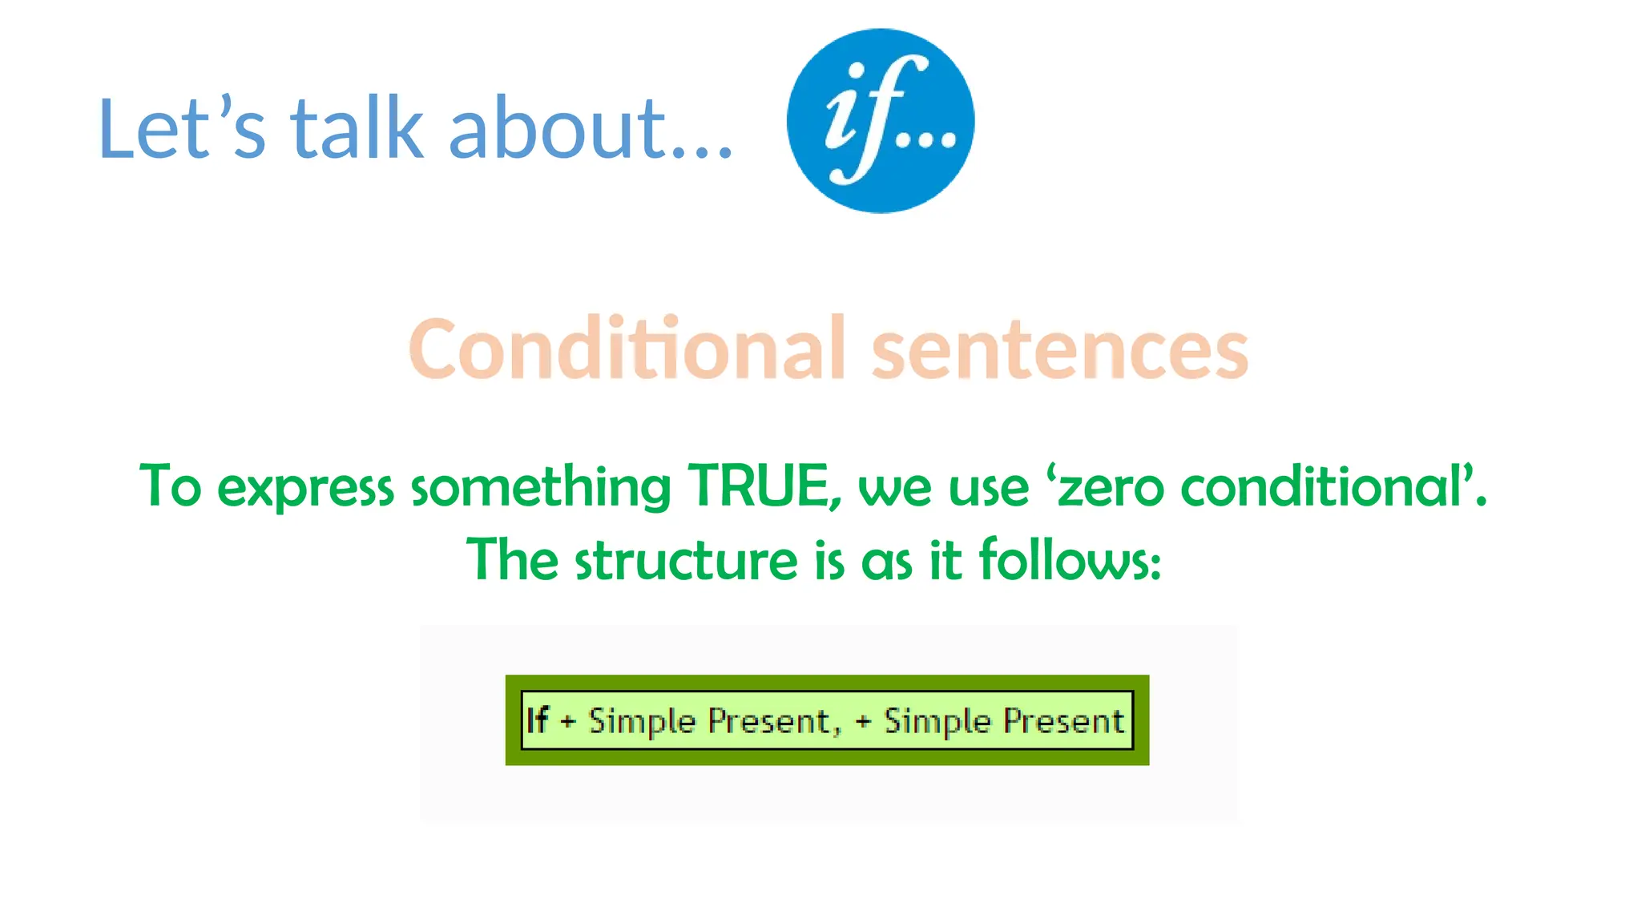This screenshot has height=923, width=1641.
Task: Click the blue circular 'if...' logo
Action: click(881, 121)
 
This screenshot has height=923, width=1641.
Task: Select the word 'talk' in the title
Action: click(357, 128)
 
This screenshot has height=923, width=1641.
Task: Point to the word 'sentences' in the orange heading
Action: click(1059, 350)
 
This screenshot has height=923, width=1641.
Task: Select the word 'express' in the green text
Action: click(305, 487)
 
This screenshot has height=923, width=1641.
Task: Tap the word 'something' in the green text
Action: click(541, 487)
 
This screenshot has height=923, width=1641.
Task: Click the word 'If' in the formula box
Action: click(538, 719)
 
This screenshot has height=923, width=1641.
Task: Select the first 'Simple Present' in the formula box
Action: click(709, 721)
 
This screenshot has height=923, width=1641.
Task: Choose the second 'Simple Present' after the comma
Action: click(1004, 721)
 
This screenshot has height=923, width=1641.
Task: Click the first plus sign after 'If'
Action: click(568, 721)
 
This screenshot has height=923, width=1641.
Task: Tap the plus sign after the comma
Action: click(863, 721)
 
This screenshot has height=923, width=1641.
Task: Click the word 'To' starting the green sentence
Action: click(170, 486)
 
